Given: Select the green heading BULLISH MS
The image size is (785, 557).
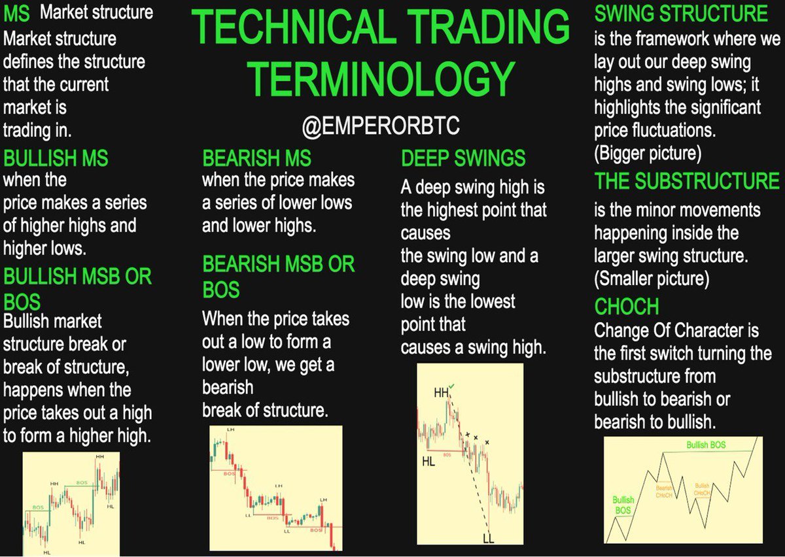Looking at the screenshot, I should pos(56,158).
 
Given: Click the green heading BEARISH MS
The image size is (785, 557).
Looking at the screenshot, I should pos(256,159).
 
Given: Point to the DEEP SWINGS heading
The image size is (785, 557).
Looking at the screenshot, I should pos(463,158).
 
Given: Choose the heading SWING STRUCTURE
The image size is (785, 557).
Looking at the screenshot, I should pos(681,13).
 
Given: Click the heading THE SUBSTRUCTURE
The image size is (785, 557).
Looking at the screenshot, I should pos(687,181).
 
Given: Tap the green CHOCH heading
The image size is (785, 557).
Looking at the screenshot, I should pos(626,306).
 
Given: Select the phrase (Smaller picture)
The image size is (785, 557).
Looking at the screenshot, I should pos(652,279).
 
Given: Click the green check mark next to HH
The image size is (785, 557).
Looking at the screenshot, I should pos(453,388).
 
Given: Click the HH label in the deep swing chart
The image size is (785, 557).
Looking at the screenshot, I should pos(442,393).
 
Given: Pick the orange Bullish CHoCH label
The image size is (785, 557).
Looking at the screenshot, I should pos(702,490).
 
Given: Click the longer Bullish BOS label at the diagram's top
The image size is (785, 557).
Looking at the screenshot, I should pos(706,445).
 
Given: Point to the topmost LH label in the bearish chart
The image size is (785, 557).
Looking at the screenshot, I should pos(230,430).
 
